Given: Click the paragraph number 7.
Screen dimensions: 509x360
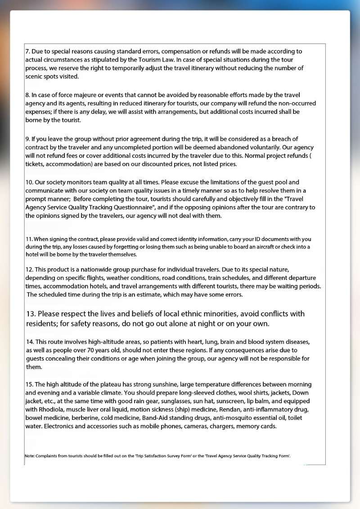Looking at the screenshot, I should pos(27,51).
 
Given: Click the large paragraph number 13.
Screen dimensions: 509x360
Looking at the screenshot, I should pos(31,314).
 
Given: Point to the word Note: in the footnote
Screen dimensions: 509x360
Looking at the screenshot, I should pos(30,456).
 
